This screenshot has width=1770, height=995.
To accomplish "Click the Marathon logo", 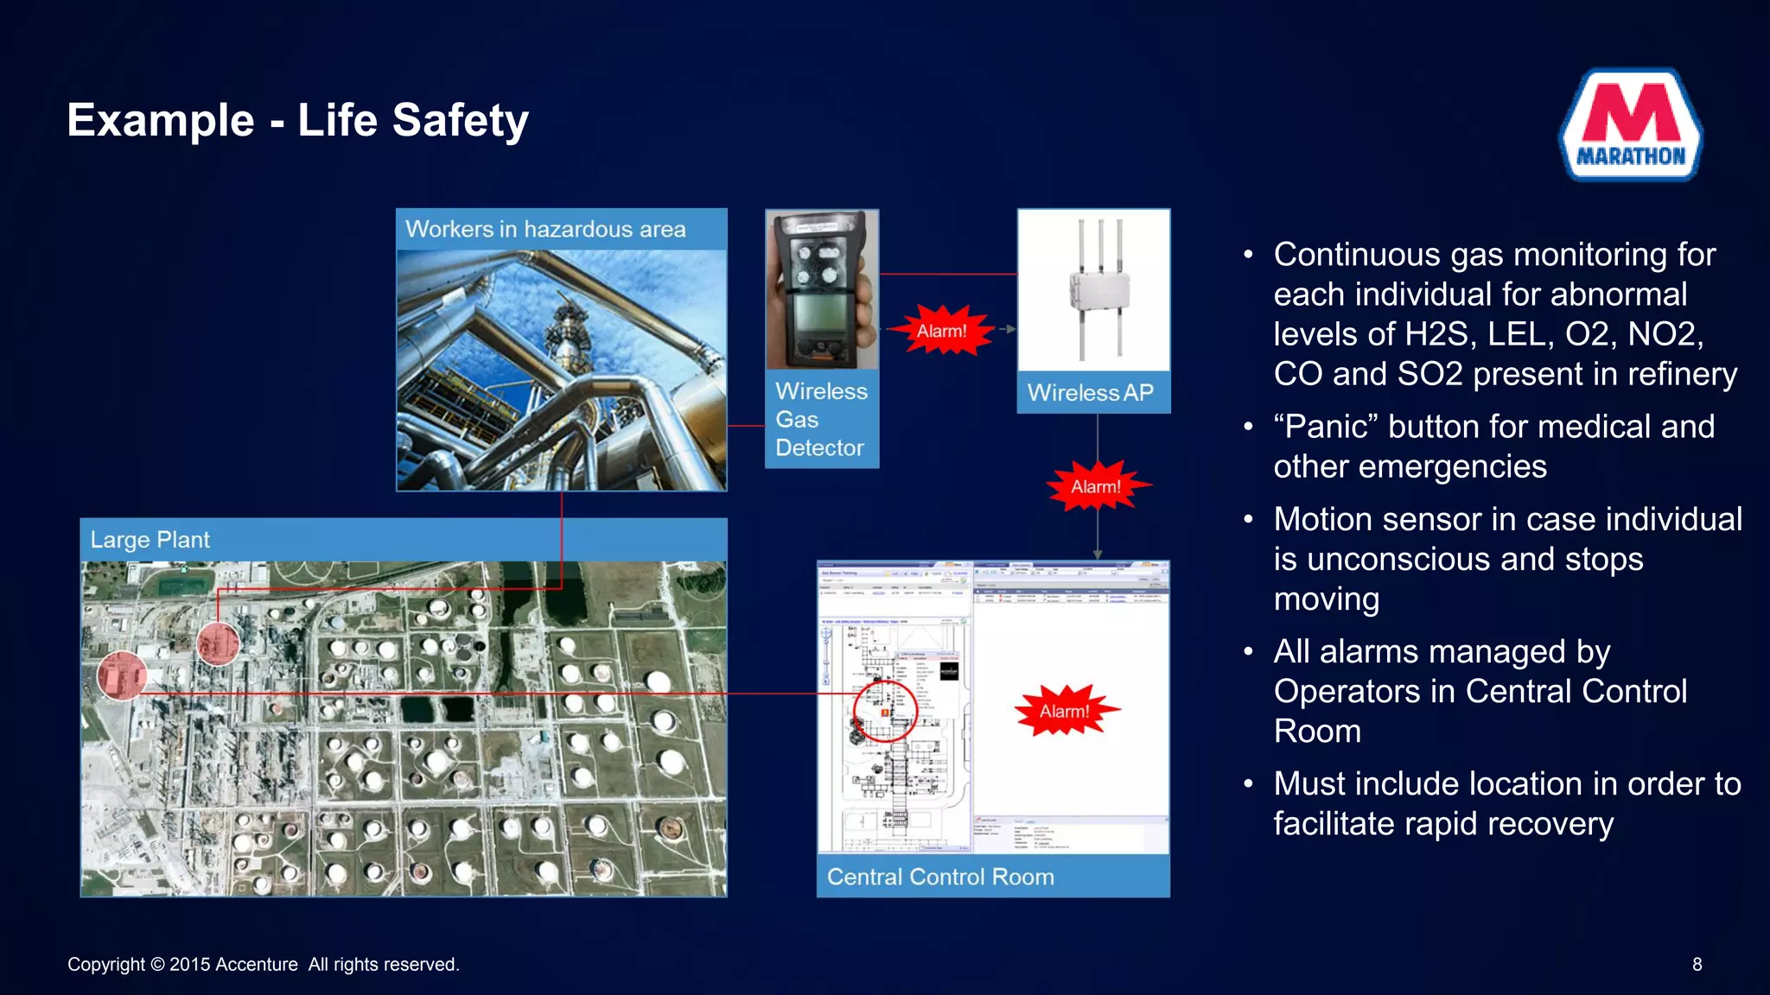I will tap(1631, 125).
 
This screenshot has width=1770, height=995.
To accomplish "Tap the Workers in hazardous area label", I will tap(545, 229).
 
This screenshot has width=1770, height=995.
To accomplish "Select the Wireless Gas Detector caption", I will tap(820, 419).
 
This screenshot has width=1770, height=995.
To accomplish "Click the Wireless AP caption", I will tap(1090, 393).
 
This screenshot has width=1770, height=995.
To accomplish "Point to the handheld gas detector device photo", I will tap(820, 290).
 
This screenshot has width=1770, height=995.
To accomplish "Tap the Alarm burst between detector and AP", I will tap(941, 331).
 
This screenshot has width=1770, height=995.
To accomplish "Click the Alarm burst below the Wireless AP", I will tap(1096, 486).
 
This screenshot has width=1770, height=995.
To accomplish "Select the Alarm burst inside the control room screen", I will tap(1064, 711).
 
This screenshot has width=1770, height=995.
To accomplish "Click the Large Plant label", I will tap(150, 540).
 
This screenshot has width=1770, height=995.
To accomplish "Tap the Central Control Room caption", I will tap(940, 877).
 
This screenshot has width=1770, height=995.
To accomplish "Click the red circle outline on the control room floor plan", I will tap(884, 711).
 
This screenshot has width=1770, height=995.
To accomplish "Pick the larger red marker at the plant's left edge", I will tap(121, 675).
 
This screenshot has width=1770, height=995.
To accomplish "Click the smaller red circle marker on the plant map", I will tap(218, 643).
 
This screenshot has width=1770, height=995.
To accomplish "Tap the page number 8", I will tap(1697, 965).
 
